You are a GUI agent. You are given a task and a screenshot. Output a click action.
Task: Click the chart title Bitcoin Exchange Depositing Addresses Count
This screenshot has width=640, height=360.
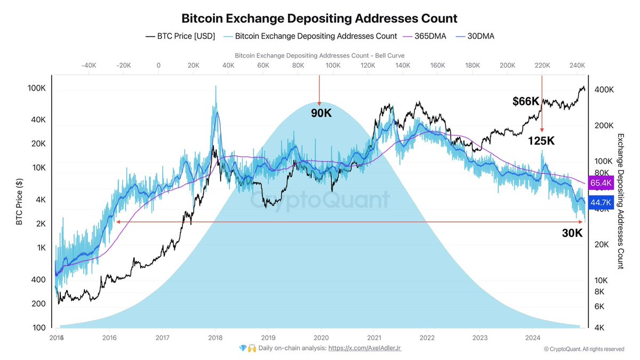[x=319, y=18]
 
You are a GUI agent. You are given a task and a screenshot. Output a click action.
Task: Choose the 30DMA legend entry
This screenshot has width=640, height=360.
[x=481, y=36]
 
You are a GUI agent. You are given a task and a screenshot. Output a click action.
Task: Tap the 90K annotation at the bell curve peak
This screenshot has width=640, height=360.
[x=321, y=113]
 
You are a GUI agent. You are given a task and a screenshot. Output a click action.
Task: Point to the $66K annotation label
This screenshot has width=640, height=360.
[x=526, y=101]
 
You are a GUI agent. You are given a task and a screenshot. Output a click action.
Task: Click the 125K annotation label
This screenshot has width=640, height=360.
[x=542, y=141]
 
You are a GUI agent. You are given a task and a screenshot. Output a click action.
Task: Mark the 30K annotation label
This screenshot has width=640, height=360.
[x=572, y=233]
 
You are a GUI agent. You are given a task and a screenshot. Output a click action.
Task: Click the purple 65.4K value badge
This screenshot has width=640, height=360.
[x=601, y=183]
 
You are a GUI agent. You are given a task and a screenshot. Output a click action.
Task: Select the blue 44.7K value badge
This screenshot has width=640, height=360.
[x=601, y=203]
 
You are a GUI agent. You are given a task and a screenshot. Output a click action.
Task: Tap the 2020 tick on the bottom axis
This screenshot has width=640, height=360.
[x=321, y=338]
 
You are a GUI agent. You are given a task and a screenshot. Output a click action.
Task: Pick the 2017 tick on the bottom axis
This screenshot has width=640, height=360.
[x=163, y=338]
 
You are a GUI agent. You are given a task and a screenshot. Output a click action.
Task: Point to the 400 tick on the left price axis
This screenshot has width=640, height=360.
[x=38, y=279]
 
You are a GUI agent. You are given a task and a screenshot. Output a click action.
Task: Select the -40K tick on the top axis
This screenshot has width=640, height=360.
[x=89, y=65]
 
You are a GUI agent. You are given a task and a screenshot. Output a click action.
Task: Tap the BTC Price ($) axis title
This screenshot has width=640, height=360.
[x=19, y=202]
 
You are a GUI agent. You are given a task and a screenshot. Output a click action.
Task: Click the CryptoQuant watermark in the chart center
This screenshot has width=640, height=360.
[x=320, y=201]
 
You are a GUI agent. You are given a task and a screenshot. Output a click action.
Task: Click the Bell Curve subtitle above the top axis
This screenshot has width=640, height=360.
[x=319, y=55]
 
